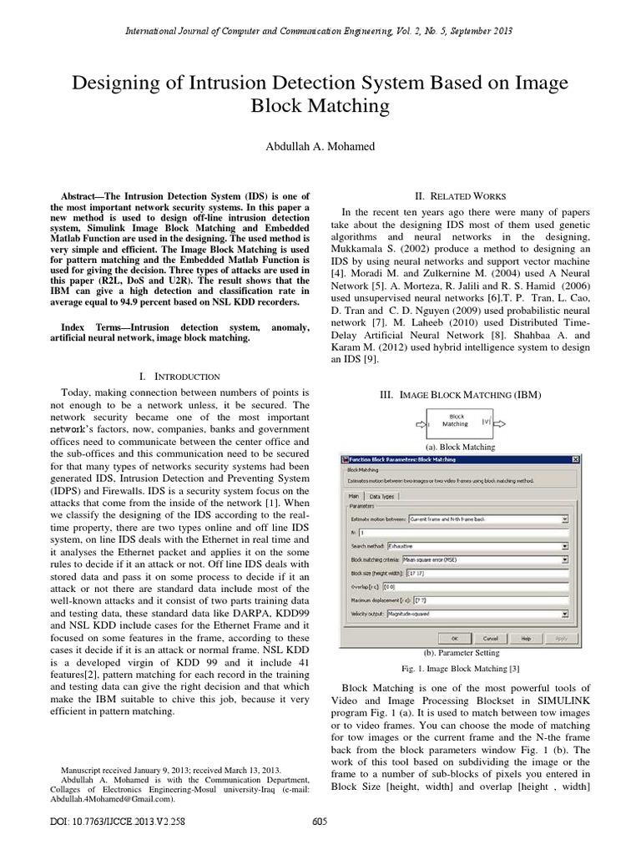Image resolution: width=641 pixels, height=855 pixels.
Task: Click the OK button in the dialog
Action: pyautogui.click(x=454, y=637)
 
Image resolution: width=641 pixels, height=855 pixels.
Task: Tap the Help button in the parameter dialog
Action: pyautogui.click(x=526, y=637)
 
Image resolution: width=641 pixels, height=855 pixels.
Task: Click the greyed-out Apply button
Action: pyautogui.click(x=560, y=637)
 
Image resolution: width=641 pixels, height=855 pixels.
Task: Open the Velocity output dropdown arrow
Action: pyautogui.click(x=565, y=614)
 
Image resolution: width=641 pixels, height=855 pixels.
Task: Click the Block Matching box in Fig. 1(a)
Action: pyautogui.click(x=457, y=420)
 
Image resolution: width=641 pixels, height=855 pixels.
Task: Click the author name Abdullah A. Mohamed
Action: pyautogui.click(x=320, y=146)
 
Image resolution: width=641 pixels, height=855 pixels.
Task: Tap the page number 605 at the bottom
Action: pyautogui.click(x=319, y=822)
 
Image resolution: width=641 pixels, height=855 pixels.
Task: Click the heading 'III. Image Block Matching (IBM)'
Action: pyautogui.click(x=457, y=392)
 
